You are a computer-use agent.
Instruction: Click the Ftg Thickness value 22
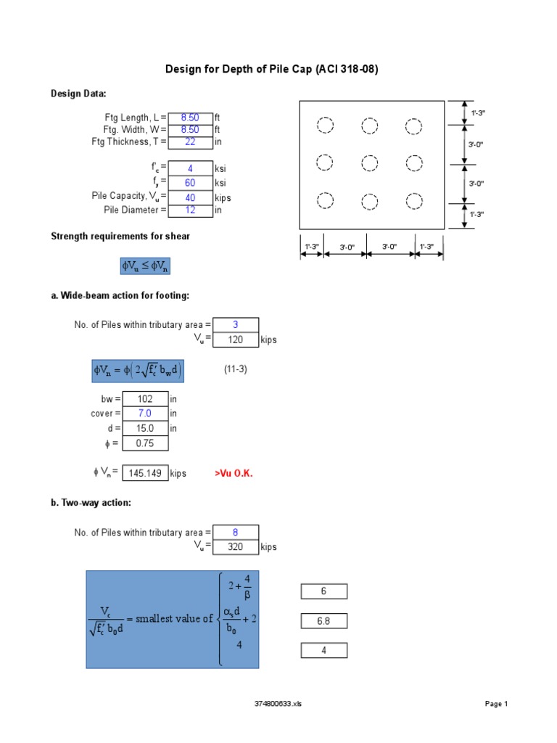(x=190, y=142)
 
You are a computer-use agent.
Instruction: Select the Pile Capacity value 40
(x=190, y=197)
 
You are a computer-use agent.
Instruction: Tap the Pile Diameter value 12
(x=190, y=210)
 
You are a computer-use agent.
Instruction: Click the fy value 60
(x=190, y=184)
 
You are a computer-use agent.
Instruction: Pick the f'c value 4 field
(x=190, y=168)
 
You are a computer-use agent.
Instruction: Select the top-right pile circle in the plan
(x=413, y=126)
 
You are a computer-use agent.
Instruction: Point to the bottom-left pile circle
(x=325, y=200)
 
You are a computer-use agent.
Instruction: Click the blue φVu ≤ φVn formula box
(x=145, y=266)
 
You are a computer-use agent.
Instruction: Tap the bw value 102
(x=145, y=399)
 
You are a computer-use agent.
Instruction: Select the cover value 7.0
(x=145, y=414)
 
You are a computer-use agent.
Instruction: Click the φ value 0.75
(x=145, y=443)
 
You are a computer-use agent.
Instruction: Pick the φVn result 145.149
(x=145, y=473)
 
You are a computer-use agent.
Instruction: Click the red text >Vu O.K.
(x=234, y=473)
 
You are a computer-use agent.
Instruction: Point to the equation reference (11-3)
(x=235, y=369)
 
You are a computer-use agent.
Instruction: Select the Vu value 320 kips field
(x=235, y=547)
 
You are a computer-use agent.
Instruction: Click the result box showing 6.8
(x=323, y=621)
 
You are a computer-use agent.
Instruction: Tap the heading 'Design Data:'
(x=78, y=94)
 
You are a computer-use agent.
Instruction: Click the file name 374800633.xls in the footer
(x=278, y=704)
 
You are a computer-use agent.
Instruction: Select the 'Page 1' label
(x=496, y=704)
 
